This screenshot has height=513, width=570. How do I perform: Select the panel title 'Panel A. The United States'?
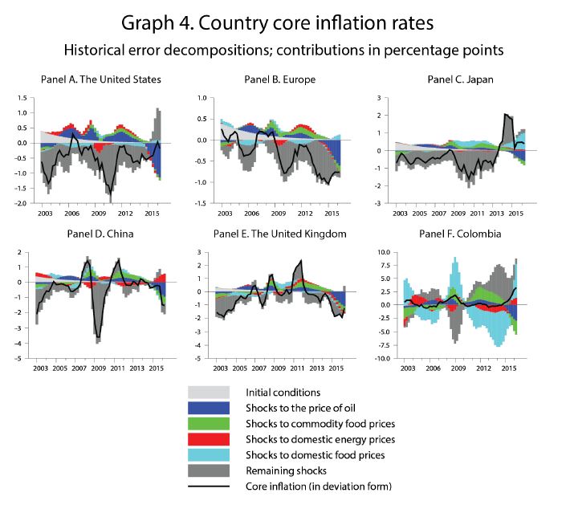pyautogui.click(x=100, y=79)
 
